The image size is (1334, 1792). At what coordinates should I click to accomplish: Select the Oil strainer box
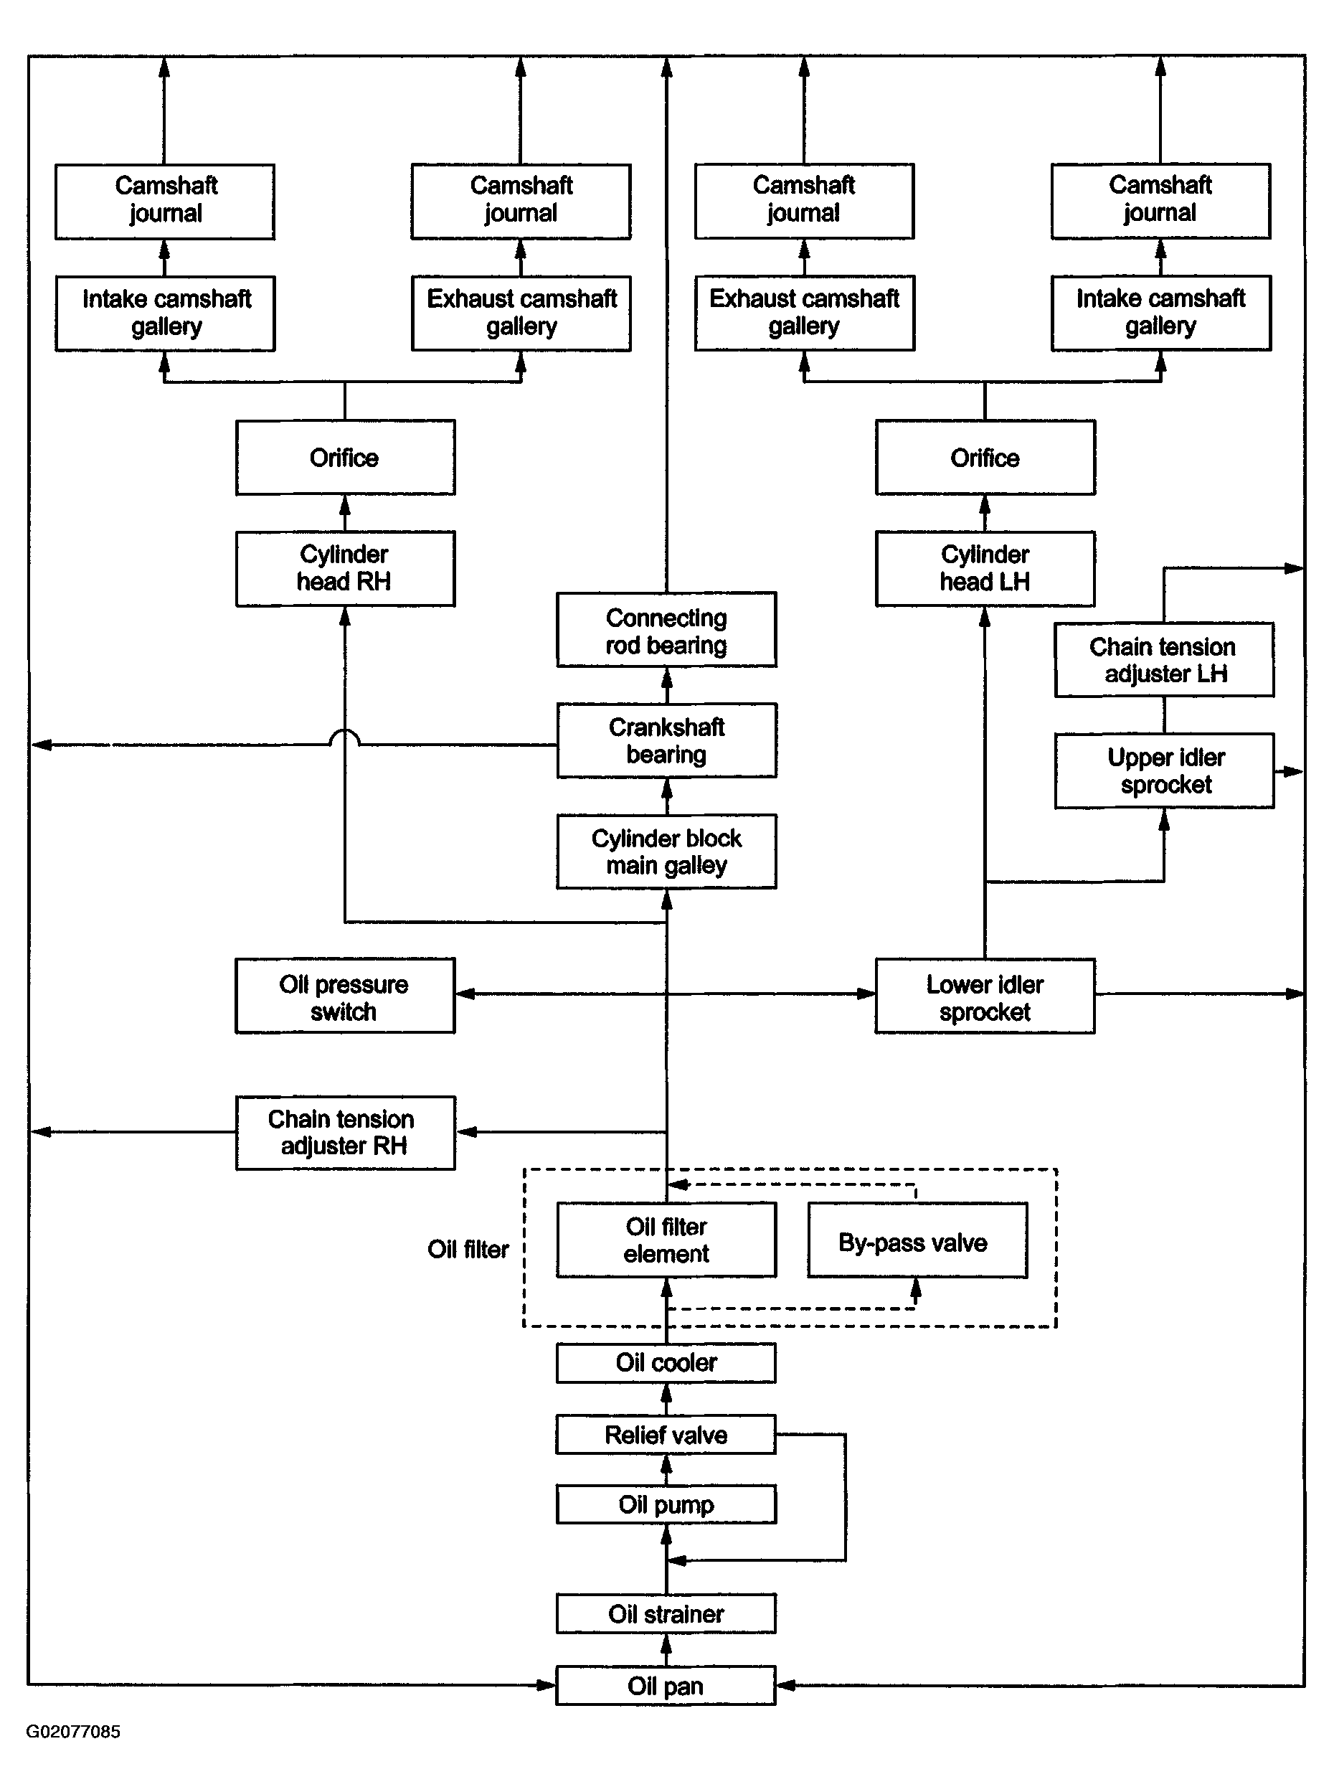click(x=666, y=1613)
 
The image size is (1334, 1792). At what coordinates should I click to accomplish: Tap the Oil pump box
click(x=666, y=1504)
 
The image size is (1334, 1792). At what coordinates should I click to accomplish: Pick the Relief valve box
click(x=666, y=1434)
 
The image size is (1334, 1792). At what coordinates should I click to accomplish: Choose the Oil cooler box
click(x=666, y=1362)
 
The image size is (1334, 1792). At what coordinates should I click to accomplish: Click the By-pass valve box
click(x=917, y=1240)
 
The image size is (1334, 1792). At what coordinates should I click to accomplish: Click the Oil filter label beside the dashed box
click(x=468, y=1250)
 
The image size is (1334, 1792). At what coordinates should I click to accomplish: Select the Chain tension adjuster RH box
click(x=345, y=1132)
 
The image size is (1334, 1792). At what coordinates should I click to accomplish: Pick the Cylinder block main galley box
click(x=666, y=852)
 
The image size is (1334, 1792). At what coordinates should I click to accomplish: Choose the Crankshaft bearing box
click(x=666, y=740)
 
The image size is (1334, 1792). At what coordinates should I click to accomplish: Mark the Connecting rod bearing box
click(x=666, y=629)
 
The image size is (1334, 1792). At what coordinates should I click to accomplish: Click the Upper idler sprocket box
click(x=1165, y=770)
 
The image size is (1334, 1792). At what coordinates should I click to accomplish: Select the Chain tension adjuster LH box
click(x=1165, y=659)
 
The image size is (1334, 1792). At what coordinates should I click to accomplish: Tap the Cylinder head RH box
click(x=345, y=569)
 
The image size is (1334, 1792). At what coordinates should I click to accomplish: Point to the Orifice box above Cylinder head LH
click(x=985, y=457)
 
